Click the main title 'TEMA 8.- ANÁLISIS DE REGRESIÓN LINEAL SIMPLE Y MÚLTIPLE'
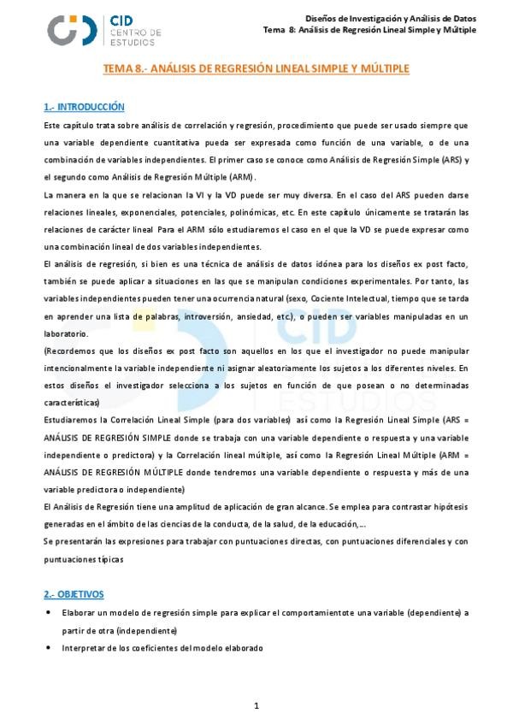(x=256, y=68)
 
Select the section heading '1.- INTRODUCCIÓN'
(x=84, y=107)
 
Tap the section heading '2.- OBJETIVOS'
(x=74, y=593)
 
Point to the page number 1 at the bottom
(x=256, y=705)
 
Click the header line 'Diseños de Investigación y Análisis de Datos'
(x=391, y=18)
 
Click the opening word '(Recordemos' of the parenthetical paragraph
(x=68, y=351)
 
